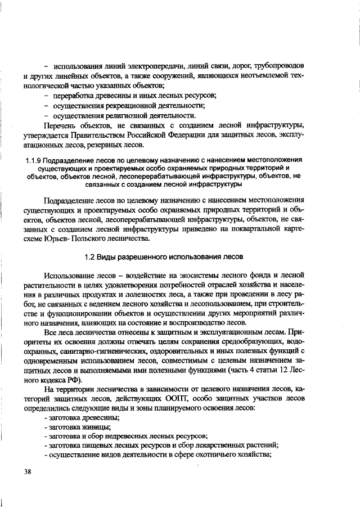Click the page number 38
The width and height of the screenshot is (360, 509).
pyautogui.click(x=28, y=471)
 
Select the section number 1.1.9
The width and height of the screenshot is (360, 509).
pyautogui.click(x=34, y=160)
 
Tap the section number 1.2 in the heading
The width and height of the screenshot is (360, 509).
pyautogui.click(x=91, y=258)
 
